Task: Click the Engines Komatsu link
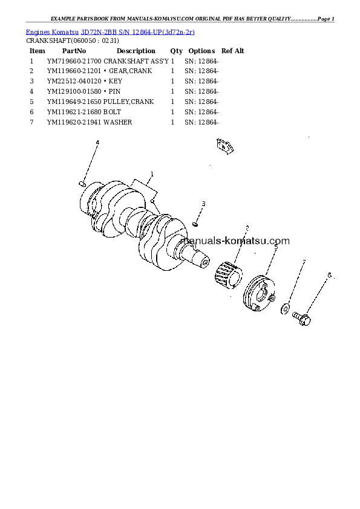[x=52, y=32]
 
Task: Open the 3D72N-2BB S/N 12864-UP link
[x=138, y=32]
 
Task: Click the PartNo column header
[x=74, y=51]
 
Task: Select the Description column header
[x=136, y=51]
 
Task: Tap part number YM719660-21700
[x=74, y=61]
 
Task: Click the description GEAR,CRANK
[x=130, y=71]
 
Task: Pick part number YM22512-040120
[x=74, y=81]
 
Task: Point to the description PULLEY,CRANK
[x=129, y=102]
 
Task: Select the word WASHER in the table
[x=117, y=122]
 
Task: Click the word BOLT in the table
[x=112, y=112]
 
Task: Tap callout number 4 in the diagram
[x=97, y=142]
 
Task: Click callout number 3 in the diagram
[x=203, y=204]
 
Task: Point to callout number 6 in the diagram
[x=329, y=275]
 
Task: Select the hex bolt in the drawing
[x=301, y=319]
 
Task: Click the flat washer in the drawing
[x=285, y=309]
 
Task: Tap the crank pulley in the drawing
[x=260, y=293]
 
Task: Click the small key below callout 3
[x=195, y=224]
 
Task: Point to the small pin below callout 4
[x=82, y=184]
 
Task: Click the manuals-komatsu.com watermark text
[x=235, y=241]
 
